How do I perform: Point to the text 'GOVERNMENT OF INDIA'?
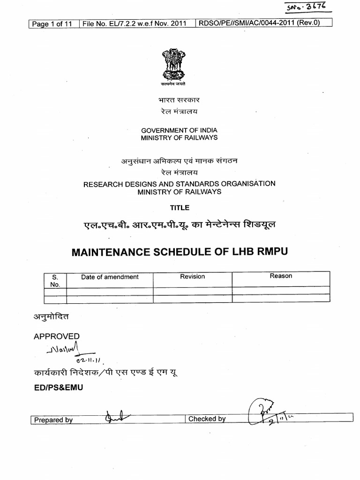(x=179, y=130)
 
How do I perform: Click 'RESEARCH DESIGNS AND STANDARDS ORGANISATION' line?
(x=179, y=184)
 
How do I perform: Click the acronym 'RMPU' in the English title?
(x=270, y=251)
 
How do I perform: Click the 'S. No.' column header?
(x=55, y=280)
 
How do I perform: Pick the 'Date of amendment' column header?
(x=110, y=277)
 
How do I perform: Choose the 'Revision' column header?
(x=192, y=277)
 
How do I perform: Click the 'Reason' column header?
(x=281, y=276)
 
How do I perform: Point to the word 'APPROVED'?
(x=57, y=336)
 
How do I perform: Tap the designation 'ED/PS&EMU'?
(x=58, y=388)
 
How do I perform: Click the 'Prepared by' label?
(x=53, y=420)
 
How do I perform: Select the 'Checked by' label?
(x=207, y=419)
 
